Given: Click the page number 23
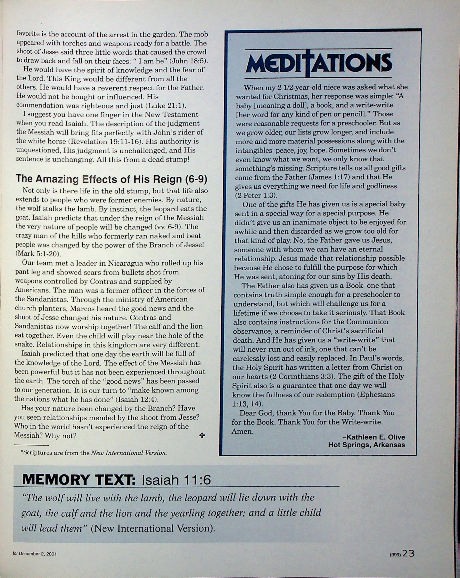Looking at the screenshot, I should [x=408, y=553].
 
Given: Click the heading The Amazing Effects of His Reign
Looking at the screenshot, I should [x=112, y=179].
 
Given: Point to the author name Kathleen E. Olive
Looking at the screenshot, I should [x=373, y=437].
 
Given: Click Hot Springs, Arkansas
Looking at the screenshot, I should [x=366, y=445].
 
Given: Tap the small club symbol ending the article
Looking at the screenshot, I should [x=202, y=435].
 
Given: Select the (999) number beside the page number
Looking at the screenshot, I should [x=395, y=554].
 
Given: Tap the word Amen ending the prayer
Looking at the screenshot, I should [x=242, y=431].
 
